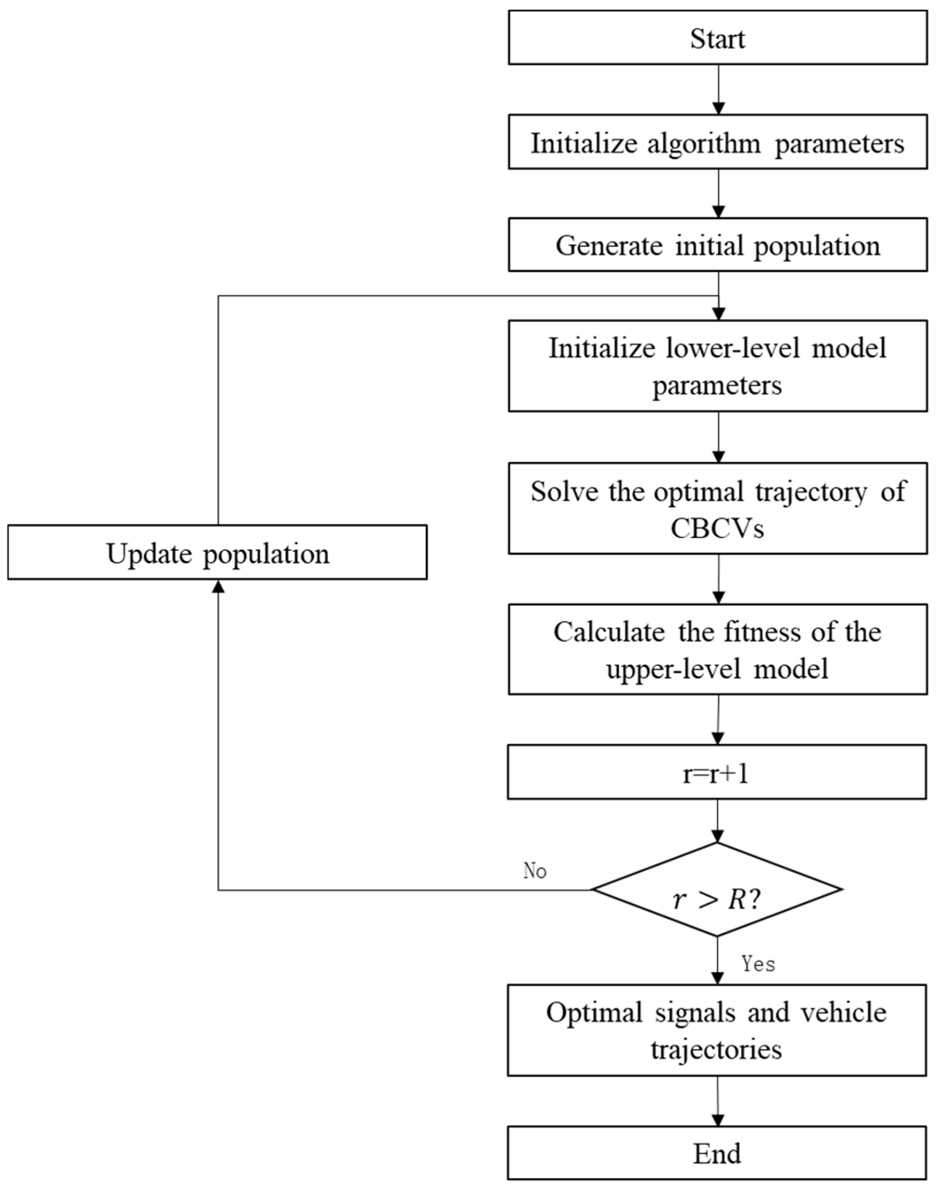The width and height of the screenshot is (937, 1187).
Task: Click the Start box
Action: click(x=717, y=37)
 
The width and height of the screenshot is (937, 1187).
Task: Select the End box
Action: click(x=716, y=1154)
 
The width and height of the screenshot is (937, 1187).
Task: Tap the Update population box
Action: click(x=217, y=552)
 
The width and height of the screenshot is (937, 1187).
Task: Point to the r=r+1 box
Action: click(x=716, y=772)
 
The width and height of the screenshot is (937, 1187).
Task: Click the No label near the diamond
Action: click(x=535, y=871)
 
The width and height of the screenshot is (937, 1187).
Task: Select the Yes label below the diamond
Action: click(x=758, y=964)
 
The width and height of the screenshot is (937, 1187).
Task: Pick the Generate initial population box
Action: click(x=717, y=245)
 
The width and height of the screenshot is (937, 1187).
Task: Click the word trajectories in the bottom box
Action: click(x=716, y=1050)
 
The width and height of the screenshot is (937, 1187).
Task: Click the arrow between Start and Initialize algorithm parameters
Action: click(x=718, y=90)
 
